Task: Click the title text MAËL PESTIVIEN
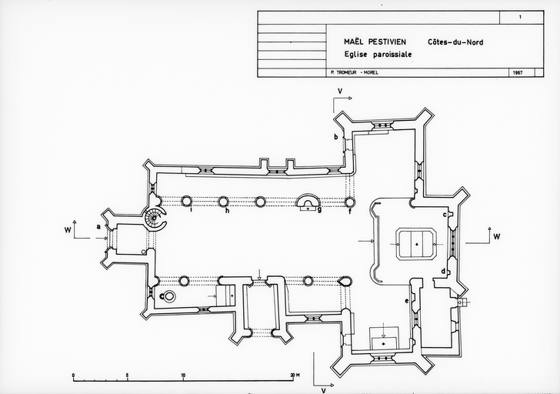tap(376, 43)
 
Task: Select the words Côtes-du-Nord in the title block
tap(455, 43)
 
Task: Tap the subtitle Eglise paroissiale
tap(378, 55)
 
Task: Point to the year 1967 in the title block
tap(517, 73)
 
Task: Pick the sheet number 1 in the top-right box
tap(520, 16)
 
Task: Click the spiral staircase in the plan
tap(155, 219)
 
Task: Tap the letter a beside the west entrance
tap(98, 226)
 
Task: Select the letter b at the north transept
tap(335, 136)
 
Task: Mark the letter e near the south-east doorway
tap(407, 300)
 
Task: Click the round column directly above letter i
tap(186, 202)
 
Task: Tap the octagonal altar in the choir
tap(416, 243)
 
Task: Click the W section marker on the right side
tap(496, 236)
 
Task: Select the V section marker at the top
tap(338, 91)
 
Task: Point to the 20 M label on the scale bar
tap(295, 376)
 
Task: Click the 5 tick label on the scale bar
tap(127, 376)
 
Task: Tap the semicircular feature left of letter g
tap(307, 202)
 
